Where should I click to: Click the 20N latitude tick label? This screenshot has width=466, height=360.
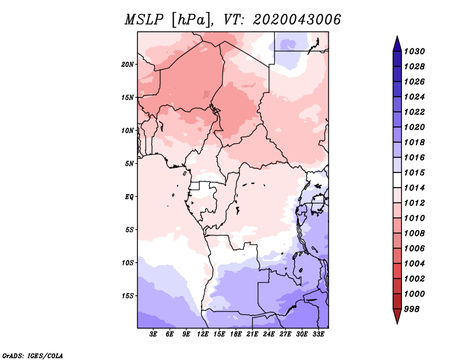(x=128, y=65)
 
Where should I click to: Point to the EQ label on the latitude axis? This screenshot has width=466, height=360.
(x=129, y=197)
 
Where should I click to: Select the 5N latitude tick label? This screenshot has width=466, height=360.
(x=129, y=164)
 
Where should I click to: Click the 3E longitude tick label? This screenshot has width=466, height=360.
(x=153, y=334)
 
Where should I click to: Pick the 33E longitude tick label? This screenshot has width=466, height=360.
(x=318, y=334)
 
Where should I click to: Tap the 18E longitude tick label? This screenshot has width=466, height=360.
(x=236, y=334)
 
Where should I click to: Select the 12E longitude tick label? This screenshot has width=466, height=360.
(x=203, y=334)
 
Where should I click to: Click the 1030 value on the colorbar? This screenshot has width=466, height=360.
(x=414, y=51)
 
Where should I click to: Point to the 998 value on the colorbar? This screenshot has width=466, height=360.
(x=412, y=309)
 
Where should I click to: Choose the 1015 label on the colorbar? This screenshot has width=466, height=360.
(x=414, y=172)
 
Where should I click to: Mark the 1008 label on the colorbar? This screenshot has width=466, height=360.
(x=414, y=234)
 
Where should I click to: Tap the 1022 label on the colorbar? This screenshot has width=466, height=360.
(x=414, y=112)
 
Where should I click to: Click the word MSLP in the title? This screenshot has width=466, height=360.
(x=144, y=20)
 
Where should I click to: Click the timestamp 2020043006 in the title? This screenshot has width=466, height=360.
(x=296, y=20)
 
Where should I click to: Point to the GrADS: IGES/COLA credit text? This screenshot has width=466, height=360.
(x=33, y=356)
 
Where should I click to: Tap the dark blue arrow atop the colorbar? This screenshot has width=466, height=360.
(x=397, y=44)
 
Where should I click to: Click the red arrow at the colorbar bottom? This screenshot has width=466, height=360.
(x=397, y=316)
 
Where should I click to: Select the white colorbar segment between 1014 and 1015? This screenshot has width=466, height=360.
(x=397, y=180)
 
